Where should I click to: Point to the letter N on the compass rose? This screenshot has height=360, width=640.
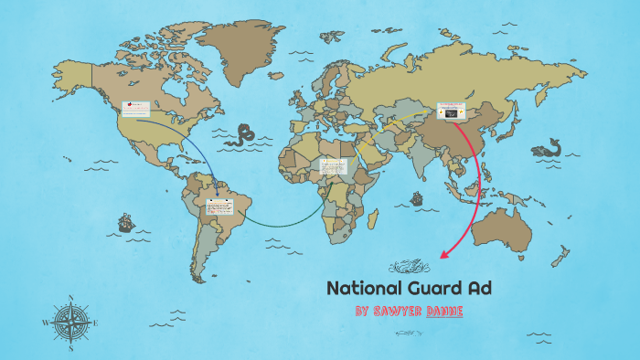tap(71, 298)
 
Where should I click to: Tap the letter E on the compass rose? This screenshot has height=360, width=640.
tap(96, 323)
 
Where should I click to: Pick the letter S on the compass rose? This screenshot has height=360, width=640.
tap(71, 348)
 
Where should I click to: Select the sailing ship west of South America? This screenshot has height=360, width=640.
tap(125, 222)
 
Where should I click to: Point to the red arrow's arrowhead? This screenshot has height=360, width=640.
tap(444, 255)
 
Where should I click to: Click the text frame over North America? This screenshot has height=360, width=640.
tap(135, 110)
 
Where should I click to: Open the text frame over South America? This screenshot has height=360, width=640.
tap(219, 206)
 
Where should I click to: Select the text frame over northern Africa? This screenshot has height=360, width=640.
tap(332, 167)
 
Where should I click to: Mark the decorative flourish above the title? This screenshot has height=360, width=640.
tap(410, 267)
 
